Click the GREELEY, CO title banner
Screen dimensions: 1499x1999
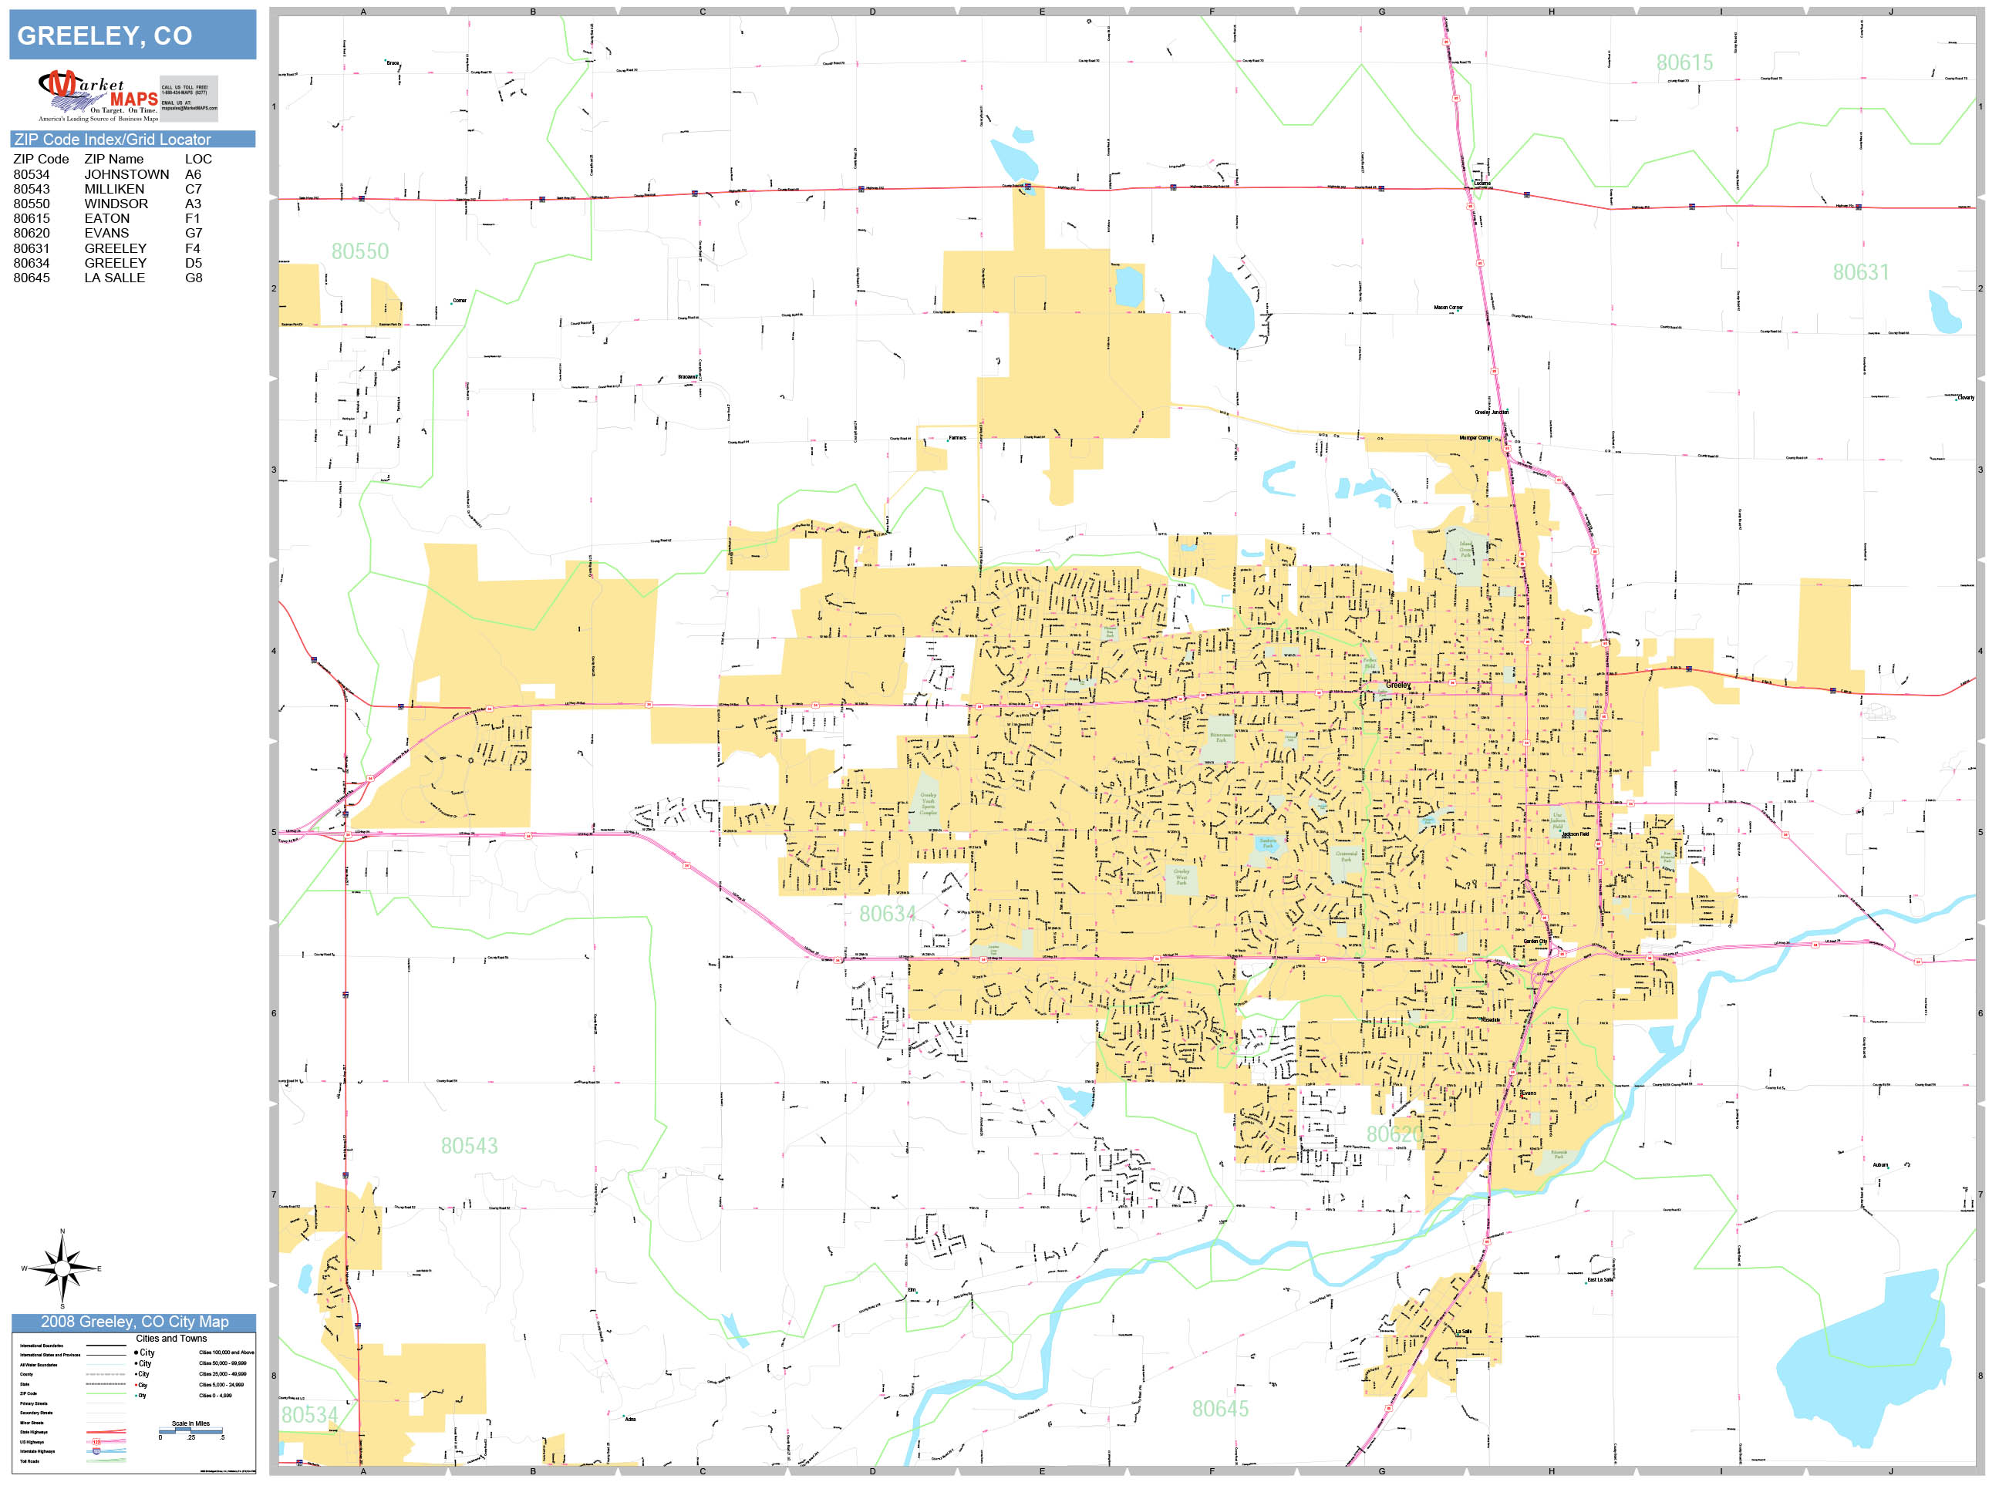[132, 35]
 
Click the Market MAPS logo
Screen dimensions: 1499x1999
[98, 96]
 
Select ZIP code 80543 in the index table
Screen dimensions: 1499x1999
[32, 189]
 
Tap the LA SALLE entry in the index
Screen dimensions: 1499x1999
[114, 278]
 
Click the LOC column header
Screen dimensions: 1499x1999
[198, 159]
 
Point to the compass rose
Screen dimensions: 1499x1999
[62, 1268]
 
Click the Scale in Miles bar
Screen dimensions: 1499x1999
[190, 1430]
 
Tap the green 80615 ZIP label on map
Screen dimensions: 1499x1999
[1684, 62]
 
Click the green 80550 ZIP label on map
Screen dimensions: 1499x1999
[359, 251]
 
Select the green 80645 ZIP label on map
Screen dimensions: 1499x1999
[1219, 1409]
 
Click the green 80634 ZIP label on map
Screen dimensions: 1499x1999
[887, 914]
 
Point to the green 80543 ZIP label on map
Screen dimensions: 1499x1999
[469, 1146]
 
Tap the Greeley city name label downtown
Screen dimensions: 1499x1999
[1397, 685]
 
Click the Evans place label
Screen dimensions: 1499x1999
[1527, 1093]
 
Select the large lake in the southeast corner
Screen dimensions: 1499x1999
[1862, 1356]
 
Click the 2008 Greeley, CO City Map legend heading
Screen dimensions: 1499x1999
[133, 1322]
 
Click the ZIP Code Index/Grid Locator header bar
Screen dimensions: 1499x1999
[132, 139]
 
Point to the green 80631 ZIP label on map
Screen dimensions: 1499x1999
[1860, 272]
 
